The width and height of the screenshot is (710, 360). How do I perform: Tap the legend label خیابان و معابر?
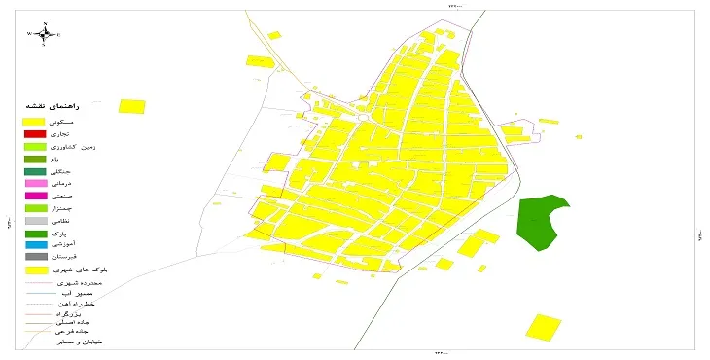[x=83, y=342]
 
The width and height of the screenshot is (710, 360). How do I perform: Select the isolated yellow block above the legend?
[x=131, y=107]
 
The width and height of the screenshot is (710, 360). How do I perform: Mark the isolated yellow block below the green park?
[x=545, y=327]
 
